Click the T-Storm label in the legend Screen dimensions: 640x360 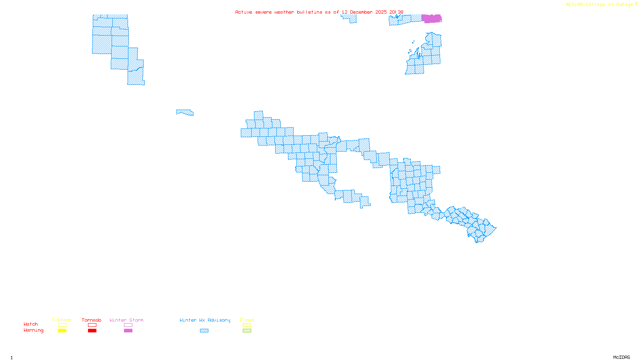[62, 320]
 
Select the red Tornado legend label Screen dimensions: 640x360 [92, 320]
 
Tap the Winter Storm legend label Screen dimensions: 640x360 [126, 320]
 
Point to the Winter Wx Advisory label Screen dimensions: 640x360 [205, 320]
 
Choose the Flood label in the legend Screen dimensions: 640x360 [247, 320]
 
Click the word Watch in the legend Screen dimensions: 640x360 [31, 324]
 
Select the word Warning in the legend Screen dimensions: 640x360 [34, 330]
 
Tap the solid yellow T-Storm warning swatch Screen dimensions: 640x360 [62, 331]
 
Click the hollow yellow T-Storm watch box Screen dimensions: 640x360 [62, 325]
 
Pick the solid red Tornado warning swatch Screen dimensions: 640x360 [92, 331]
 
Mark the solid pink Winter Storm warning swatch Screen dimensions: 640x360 [128, 331]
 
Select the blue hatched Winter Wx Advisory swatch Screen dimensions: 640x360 [204, 331]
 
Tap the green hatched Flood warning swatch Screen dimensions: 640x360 [247, 331]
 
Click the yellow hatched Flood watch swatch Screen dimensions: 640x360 [247, 325]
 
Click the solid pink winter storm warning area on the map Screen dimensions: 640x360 [432, 18]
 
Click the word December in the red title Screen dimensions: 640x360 [361, 12]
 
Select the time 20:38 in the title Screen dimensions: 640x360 [396, 12]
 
